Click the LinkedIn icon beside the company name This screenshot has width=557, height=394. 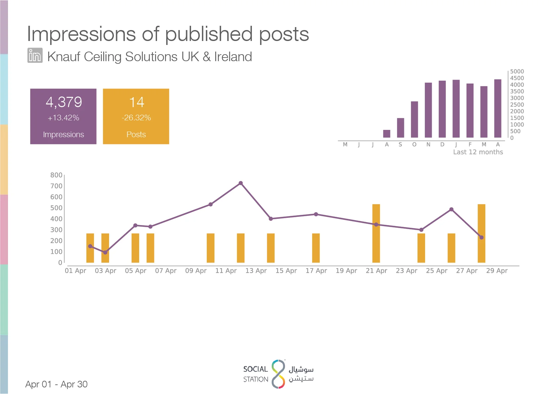[x=35, y=55]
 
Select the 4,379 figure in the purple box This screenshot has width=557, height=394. [x=64, y=102]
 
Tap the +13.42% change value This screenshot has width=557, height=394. [x=63, y=118]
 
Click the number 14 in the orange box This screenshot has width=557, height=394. [x=137, y=102]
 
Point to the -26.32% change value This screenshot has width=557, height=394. [x=136, y=118]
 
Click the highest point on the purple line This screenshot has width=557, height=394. [x=241, y=183]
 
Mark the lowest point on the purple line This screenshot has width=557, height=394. [x=105, y=252]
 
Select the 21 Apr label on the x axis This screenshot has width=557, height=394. [x=376, y=270]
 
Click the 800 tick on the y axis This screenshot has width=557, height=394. [x=56, y=175]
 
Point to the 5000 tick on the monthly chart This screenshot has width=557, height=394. [x=517, y=71]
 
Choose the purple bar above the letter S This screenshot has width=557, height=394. [x=400, y=128]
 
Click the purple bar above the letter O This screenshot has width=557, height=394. [x=414, y=119]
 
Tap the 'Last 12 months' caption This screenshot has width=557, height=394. [x=478, y=152]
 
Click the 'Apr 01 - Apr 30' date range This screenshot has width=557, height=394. [x=57, y=384]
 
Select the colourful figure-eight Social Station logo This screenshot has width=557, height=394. [x=278, y=374]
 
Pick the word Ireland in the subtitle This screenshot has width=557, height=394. [x=233, y=57]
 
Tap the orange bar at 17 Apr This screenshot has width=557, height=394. [x=316, y=248]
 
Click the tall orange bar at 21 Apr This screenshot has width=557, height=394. [x=376, y=233]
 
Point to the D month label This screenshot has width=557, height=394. [x=442, y=144]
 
